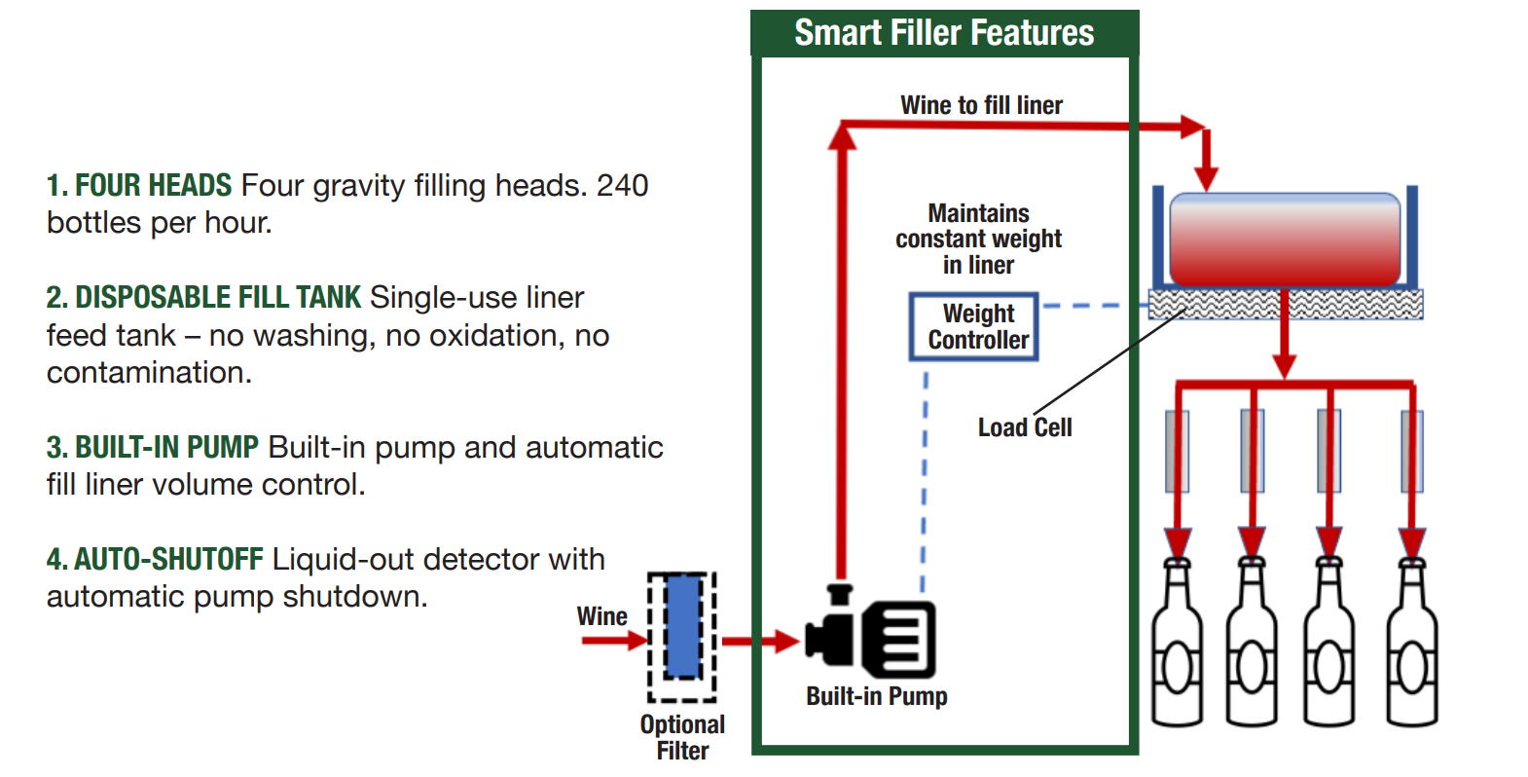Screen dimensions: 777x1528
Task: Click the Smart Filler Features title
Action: pos(944,33)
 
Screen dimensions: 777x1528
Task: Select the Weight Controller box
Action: pos(974,327)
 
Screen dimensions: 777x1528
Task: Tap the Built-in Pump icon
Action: pos(870,639)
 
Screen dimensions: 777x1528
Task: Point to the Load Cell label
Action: pos(1024,427)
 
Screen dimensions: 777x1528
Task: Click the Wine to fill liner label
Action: pos(981,105)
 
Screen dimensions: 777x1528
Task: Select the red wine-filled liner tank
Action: pos(1284,239)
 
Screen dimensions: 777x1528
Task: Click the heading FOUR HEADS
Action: pos(153,185)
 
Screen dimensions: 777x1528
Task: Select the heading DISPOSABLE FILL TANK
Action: pos(217,297)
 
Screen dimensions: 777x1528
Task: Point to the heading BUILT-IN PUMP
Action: pos(166,447)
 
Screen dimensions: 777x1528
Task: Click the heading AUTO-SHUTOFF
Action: pos(168,559)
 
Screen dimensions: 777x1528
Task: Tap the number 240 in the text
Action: pos(622,185)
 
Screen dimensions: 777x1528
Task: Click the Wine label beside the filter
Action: pos(601,616)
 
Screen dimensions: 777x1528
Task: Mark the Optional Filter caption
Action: pos(682,737)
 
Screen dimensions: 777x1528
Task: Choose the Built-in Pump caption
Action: pos(876,696)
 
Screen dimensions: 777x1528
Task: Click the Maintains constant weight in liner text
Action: pos(978,239)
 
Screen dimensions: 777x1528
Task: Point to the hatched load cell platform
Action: pos(1285,305)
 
